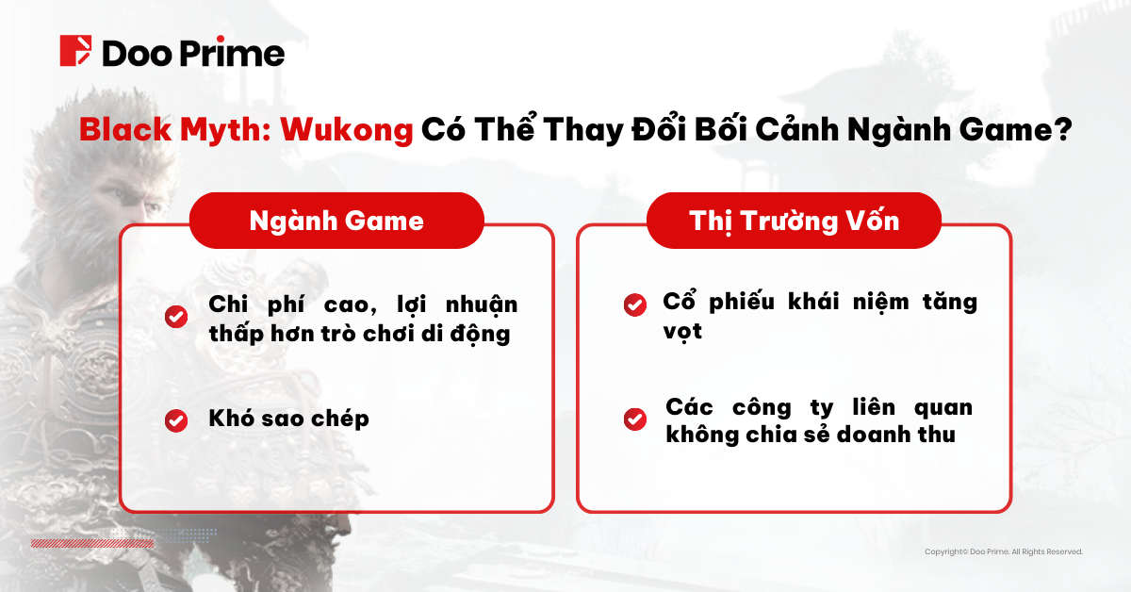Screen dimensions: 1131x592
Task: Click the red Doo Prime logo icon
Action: (75, 51)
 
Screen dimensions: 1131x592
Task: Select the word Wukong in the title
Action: (347, 130)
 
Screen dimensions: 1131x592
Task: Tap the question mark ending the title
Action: (1063, 129)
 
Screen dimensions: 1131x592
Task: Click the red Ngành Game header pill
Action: (336, 221)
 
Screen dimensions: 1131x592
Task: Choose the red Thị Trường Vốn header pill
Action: (795, 221)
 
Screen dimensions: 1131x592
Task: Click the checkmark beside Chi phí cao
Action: (176, 317)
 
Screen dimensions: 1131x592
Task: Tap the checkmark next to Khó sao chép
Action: (176, 420)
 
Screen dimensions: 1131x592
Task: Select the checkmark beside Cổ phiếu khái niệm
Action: (634, 304)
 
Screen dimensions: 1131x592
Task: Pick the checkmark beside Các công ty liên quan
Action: (634, 419)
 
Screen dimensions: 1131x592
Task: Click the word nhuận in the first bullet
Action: (482, 305)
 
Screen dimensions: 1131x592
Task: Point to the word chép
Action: (340, 419)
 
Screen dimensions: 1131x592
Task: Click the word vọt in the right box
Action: (682, 332)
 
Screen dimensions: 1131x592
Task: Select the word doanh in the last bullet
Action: (874, 435)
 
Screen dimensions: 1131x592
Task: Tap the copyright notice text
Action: (1004, 551)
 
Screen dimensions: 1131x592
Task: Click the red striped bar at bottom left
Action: (92, 544)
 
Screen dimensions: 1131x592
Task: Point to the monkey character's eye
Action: (117, 194)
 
